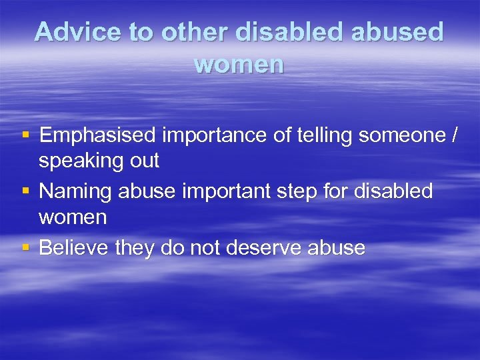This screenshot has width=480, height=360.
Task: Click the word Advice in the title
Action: (75, 32)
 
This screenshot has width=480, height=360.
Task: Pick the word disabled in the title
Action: (295, 32)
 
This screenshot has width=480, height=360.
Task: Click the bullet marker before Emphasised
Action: (25, 135)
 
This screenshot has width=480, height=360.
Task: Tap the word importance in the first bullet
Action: (211, 135)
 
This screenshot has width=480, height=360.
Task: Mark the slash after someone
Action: (455, 135)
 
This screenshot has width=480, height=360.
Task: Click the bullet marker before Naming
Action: (25, 191)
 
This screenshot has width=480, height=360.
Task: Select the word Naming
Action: (75, 191)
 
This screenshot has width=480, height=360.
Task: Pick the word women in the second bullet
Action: (72, 217)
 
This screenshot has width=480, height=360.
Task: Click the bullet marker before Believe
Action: (25, 247)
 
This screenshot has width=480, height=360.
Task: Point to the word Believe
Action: (73, 247)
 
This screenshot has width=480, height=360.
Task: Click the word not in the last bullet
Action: (205, 247)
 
